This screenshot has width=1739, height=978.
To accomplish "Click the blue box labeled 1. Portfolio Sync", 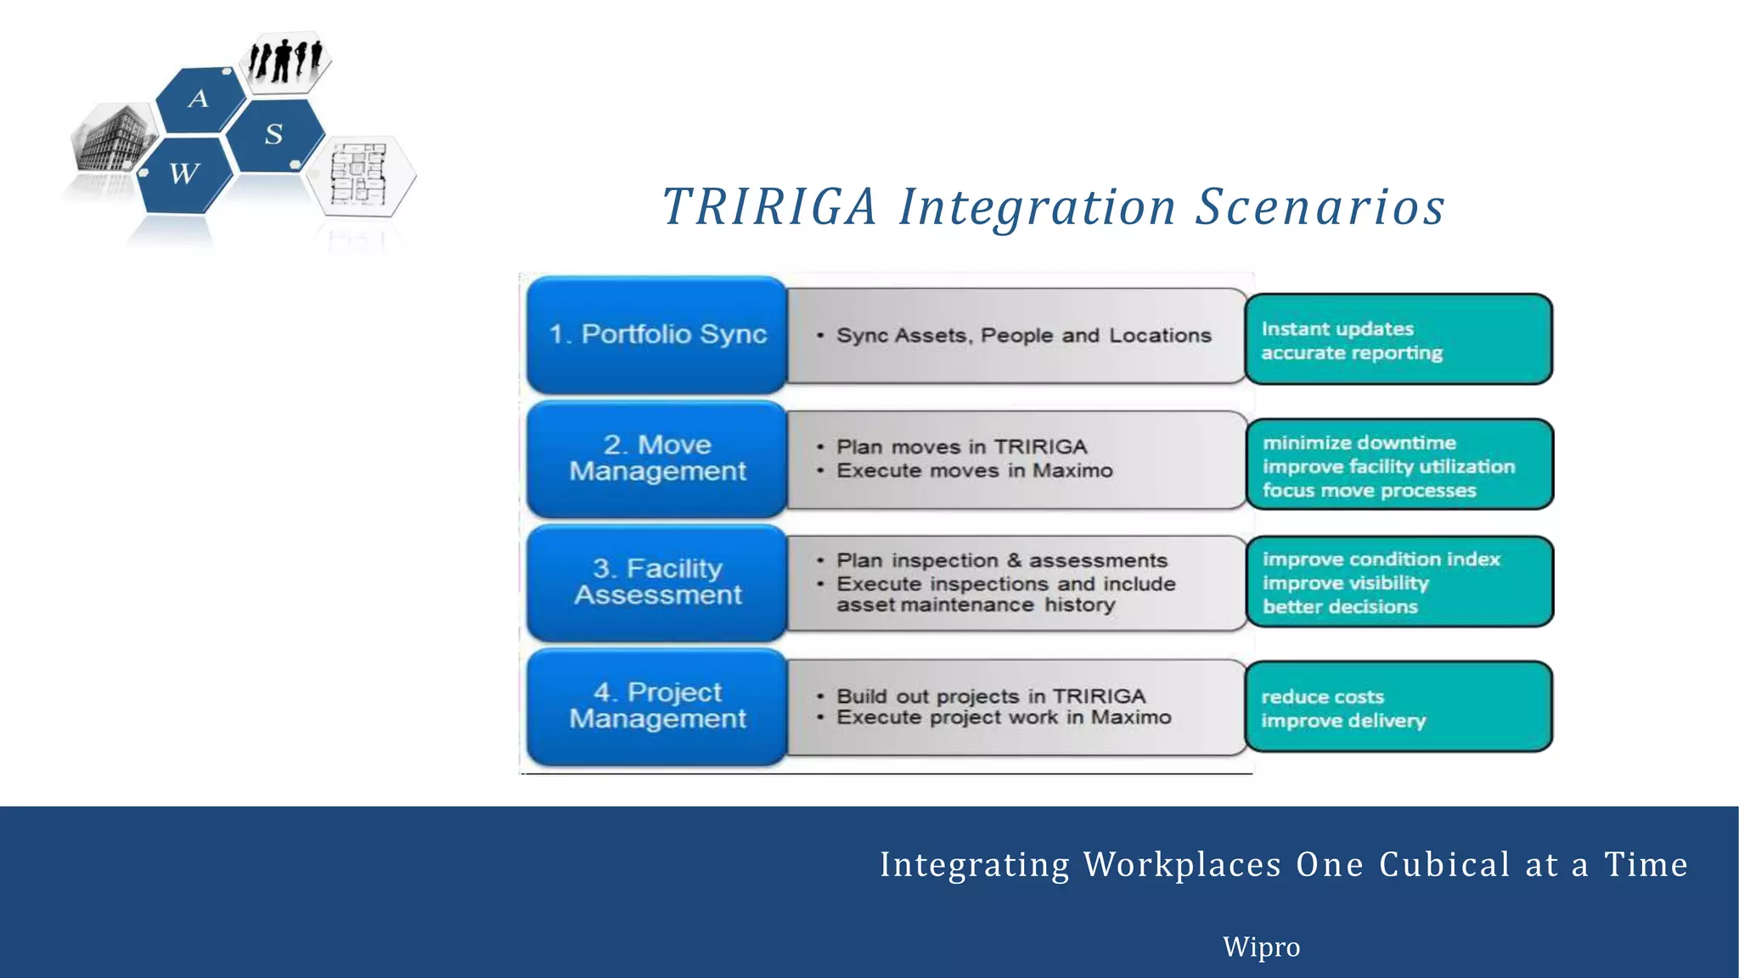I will (x=656, y=334).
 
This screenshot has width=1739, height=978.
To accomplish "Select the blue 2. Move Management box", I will (x=656, y=458).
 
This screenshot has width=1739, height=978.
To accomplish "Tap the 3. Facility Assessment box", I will (x=656, y=582).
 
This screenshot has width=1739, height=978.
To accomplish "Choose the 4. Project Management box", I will (x=656, y=706).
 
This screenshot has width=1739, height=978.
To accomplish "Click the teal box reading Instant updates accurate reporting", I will (x=1399, y=340).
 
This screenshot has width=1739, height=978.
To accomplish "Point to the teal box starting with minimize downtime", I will (x=1399, y=465).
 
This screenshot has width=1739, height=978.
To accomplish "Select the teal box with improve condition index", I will (x=1399, y=582).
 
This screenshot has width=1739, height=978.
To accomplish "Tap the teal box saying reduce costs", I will (x=1399, y=707).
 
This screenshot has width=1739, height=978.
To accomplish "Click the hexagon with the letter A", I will (x=199, y=99).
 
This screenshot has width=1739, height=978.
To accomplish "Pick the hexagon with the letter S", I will (x=274, y=134).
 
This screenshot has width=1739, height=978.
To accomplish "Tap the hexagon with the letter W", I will (x=185, y=174).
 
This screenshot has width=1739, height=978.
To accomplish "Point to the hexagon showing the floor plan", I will (x=360, y=174).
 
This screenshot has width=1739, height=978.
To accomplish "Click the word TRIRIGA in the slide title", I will (x=768, y=207).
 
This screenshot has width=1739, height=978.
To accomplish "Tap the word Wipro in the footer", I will (x=1261, y=947).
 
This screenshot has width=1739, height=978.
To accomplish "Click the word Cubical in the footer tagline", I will (x=1444, y=864).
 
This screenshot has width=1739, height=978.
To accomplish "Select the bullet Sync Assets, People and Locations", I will (x=1023, y=336).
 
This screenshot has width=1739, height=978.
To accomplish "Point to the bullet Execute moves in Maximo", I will (x=974, y=471).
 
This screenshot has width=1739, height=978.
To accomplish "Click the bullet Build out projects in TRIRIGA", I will (x=991, y=696).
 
